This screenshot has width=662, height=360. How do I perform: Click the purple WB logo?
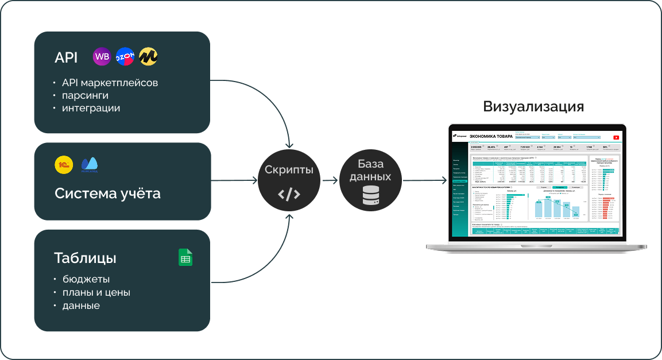pos(102,56)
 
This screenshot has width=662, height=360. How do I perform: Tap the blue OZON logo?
pos(125,56)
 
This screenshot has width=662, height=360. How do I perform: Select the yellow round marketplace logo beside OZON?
pos(148,56)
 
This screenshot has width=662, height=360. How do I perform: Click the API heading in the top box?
pos(66,58)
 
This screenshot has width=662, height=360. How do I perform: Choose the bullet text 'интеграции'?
pos(91,108)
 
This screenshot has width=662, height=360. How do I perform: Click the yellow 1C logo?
pos(64,165)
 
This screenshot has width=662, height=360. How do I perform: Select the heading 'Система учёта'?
pos(107,193)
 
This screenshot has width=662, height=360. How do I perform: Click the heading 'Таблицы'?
pos(85,258)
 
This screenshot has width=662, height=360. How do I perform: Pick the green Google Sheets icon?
pos(185,257)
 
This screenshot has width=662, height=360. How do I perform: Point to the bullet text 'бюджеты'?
pos(86,280)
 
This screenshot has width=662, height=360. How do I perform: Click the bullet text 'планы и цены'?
pos(96,293)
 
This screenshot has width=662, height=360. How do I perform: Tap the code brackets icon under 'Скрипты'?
pos(289,195)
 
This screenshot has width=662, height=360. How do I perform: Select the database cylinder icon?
pos(370,196)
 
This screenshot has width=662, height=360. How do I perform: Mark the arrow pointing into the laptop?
pos(425,180)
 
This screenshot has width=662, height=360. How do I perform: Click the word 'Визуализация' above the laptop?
pos(533,107)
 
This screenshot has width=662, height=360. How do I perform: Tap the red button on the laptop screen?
pos(616,137)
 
